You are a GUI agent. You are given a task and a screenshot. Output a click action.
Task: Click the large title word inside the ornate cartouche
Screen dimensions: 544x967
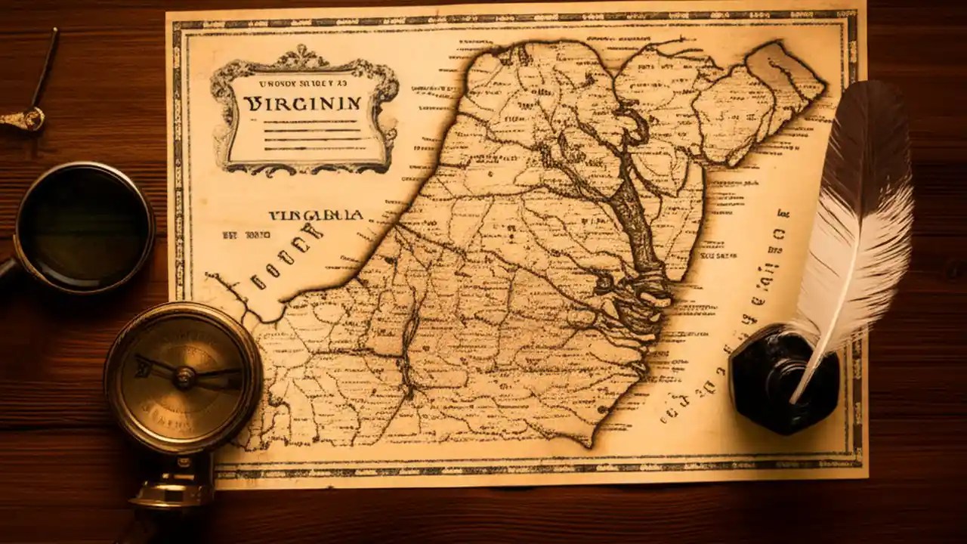click(x=302, y=104)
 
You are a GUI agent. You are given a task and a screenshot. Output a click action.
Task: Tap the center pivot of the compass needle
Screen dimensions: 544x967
click(x=184, y=376)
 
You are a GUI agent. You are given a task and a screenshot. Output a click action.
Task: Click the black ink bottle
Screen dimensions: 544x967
click(x=782, y=378)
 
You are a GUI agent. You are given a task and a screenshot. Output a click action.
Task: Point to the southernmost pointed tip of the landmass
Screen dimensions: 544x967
click(x=597, y=442)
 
